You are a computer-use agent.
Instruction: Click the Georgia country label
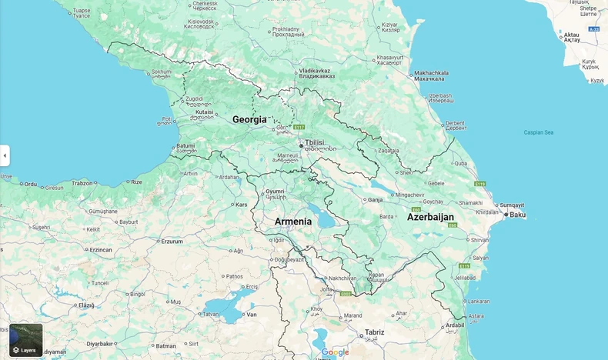249,120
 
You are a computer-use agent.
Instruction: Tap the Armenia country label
293,222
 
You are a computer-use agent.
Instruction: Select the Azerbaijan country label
430,217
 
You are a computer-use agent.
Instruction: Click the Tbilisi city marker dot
302,145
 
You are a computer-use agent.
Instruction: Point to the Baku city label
518,215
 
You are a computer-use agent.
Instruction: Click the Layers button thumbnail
25,340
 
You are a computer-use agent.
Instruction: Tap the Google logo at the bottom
335,352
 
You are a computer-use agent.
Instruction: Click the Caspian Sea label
539,132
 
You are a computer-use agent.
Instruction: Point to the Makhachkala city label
430,73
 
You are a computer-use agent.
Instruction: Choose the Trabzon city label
82,183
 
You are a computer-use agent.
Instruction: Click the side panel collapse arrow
5,155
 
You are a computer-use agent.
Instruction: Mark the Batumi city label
185,145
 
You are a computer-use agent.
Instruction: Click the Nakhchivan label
342,278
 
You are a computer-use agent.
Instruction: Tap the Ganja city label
376,199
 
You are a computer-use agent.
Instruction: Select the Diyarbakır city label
99,344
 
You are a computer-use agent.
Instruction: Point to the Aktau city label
572,35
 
